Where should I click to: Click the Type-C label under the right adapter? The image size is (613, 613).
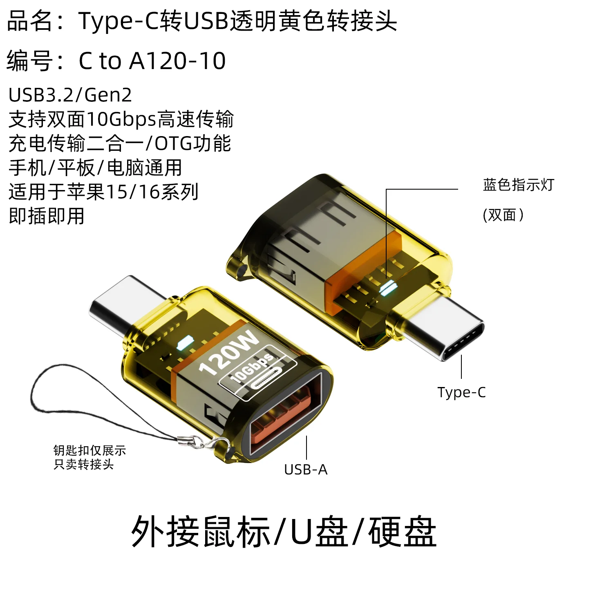[x=461, y=392]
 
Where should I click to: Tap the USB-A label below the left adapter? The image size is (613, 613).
[x=306, y=470]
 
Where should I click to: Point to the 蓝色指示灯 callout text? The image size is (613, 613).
[x=518, y=185]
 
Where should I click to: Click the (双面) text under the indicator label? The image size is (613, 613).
[x=503, y=215]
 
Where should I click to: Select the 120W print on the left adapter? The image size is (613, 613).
[x=229, y=352]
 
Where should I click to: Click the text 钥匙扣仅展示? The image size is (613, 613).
[x=89, y=450]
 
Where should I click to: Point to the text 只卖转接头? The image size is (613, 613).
[x=83, y=464]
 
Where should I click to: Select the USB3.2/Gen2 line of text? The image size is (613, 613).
[x=70, y=95]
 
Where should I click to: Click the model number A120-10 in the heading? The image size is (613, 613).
[x=177, y=61]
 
